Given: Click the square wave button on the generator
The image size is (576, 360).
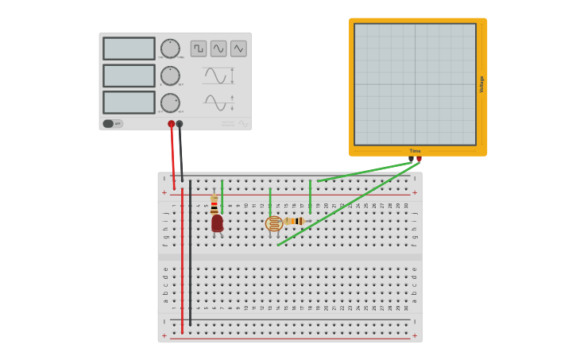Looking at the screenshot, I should point(199,48).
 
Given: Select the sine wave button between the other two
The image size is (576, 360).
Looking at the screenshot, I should point(218,48).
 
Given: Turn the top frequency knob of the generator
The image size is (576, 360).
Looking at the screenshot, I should point(170,48).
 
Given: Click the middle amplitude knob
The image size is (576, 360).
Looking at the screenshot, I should point(170,75).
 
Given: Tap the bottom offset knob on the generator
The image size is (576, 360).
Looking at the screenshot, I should point(170,103).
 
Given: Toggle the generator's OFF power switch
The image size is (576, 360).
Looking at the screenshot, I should point(113,123).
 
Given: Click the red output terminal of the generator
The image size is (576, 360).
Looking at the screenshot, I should point(171,124).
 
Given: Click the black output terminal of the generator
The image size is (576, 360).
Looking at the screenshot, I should point(180,124).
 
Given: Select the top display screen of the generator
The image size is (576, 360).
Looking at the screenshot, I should point(129,48).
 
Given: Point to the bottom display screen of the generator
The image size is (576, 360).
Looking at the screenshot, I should point(129,103).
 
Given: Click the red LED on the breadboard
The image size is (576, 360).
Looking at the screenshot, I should point(217,223).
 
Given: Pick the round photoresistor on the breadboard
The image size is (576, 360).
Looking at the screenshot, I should point(274,224).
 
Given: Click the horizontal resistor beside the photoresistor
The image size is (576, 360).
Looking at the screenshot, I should point(296,221).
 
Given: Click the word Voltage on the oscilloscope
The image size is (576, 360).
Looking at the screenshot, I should point(481,84).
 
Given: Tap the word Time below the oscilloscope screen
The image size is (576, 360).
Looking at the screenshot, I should point(415,150).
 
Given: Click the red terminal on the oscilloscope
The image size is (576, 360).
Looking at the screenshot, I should point(419,159).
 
